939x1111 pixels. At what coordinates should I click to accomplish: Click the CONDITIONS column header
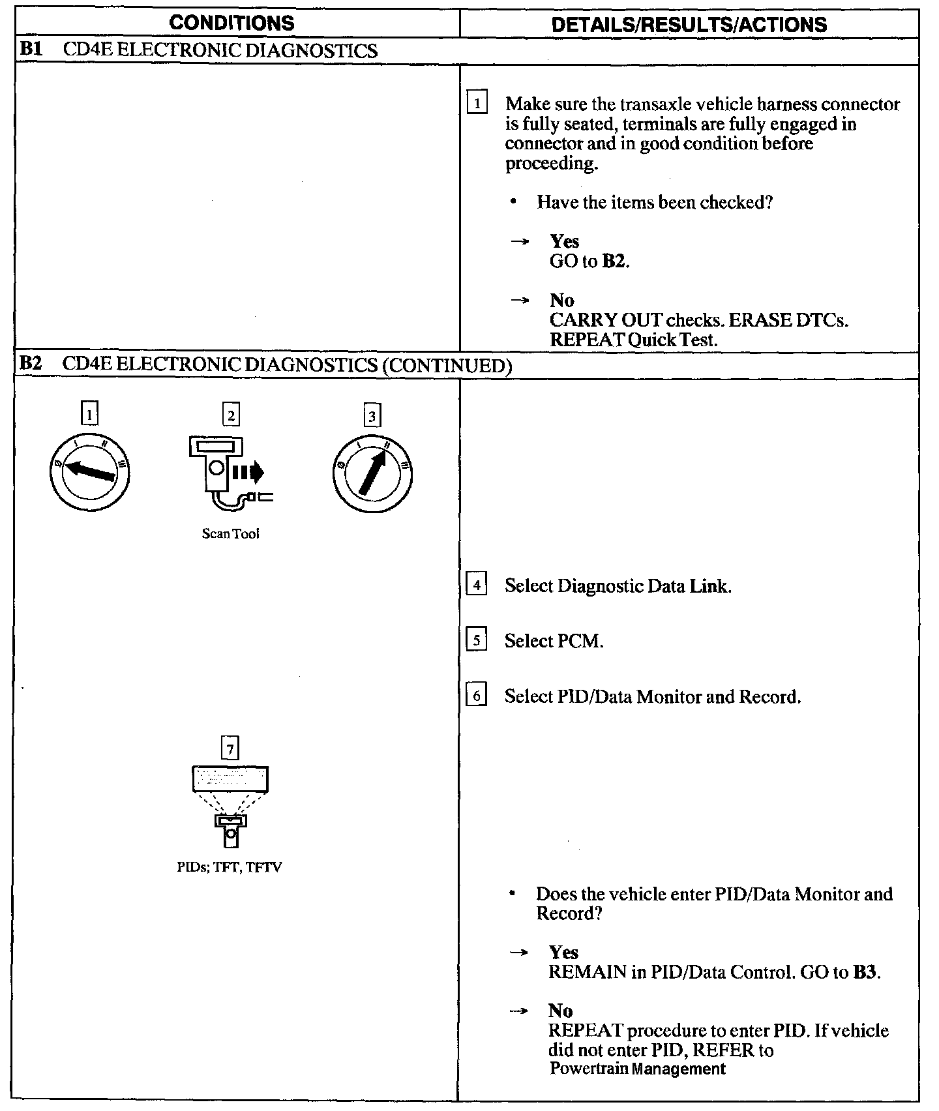coord(231,23)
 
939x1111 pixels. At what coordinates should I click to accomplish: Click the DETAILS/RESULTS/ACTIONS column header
coord(689,25)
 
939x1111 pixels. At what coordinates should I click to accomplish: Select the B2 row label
coord(30,363)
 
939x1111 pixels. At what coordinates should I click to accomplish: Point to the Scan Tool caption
coord(230,534)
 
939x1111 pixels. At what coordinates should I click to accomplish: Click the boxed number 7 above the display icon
coord(230,747)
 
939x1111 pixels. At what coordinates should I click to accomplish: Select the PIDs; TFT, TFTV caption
coord(230,868)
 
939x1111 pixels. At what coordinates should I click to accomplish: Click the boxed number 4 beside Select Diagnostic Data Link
coord(477,585)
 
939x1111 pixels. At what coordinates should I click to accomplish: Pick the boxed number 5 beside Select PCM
coord(477,640)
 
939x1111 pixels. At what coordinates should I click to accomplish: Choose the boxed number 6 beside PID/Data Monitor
coord(477,696)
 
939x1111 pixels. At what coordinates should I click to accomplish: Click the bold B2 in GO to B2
coord(615,261)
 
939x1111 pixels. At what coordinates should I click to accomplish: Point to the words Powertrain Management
coord(637,1069)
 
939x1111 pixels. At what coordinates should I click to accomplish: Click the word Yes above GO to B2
coord(564,241)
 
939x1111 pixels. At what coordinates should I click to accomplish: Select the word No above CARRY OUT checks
coord(561,300)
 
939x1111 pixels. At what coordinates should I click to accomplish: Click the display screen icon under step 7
coord(230,779)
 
